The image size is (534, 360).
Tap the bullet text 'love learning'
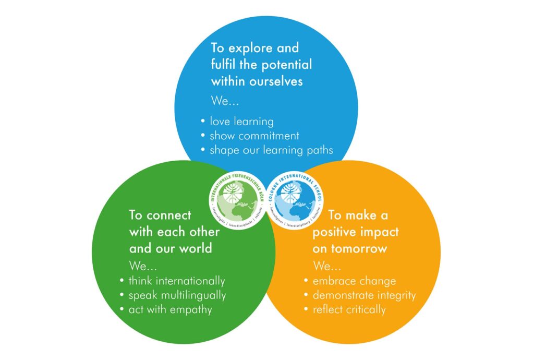(241, 122)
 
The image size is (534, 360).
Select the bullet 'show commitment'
(254, 136)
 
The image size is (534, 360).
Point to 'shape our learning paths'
(271, 150)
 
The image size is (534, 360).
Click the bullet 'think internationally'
(177, 281)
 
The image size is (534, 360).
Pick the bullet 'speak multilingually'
(177, 295)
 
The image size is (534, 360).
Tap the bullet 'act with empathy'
(170, 309)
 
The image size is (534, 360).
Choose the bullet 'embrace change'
(354, 281)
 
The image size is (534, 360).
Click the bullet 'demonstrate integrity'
(364, 295)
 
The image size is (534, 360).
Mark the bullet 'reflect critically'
(349, 309)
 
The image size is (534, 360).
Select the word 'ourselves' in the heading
(277, 82)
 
